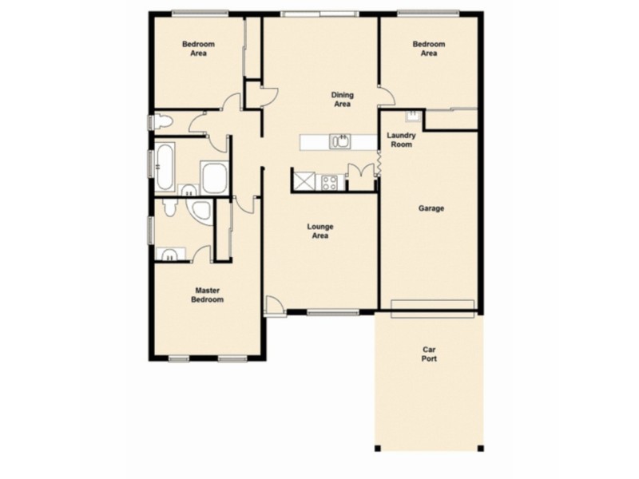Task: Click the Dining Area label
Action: coord(342,100)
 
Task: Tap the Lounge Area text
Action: coord(320,231)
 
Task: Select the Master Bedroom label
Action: coord(206,295)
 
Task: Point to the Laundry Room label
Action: coord(401,140)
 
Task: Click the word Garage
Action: coord(431,208)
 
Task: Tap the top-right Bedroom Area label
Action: coord(429,49)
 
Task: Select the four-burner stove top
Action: coord(329,181)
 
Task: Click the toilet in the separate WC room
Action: coord(162,122)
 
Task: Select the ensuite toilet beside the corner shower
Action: coord(169,207)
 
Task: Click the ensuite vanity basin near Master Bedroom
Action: coord(169,255)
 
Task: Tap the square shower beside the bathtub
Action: coord(214,177)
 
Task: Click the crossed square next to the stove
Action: coord(304,180)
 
